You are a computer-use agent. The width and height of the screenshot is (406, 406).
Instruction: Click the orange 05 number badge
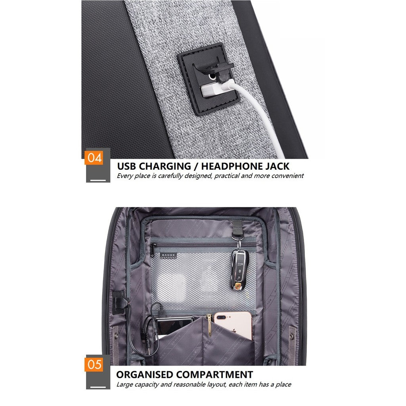click(x=94, y=364)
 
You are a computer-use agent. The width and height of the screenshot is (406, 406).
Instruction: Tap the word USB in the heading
click(x=127, y=166)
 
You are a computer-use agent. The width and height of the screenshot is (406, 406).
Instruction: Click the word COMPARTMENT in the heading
click(x=215, y=375)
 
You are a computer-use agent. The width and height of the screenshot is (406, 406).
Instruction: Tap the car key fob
click(x=239, y=270)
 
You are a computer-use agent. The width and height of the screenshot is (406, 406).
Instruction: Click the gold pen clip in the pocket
click(x=209, y=325)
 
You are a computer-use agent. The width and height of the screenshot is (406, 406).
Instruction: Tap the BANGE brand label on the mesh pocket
click(x=168, y=256)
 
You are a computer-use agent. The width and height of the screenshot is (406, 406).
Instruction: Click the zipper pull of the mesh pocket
click(x=152, y=250)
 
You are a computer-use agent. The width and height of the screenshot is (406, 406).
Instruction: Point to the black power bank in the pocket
click(x=174, y=325)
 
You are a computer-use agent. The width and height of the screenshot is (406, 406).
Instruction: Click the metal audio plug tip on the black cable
click(x=149, y=350)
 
